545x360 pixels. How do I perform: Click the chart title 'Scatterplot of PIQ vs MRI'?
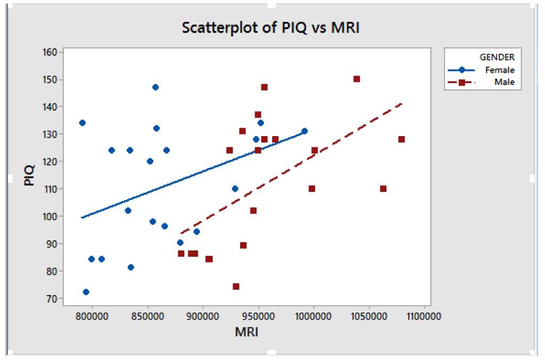[271, 27]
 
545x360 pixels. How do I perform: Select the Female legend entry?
[499, 70]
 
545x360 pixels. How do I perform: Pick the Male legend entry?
[499, 82]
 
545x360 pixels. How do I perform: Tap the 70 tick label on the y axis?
[52, 298]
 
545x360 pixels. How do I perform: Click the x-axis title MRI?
[247, 332]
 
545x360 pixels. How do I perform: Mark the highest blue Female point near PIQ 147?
[155, 87]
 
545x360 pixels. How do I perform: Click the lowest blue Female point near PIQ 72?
[86, 292]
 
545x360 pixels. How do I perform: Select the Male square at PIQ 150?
[357, 79]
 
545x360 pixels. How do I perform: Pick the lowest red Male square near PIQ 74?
[236, 287]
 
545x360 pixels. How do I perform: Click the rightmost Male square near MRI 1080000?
[401, 139]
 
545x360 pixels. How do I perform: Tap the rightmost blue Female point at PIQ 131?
[304, 131]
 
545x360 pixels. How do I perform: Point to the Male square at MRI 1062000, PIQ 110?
[383, 189]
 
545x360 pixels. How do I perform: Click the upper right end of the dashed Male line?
[402, 104]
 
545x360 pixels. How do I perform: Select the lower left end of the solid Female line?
[81, 217]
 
